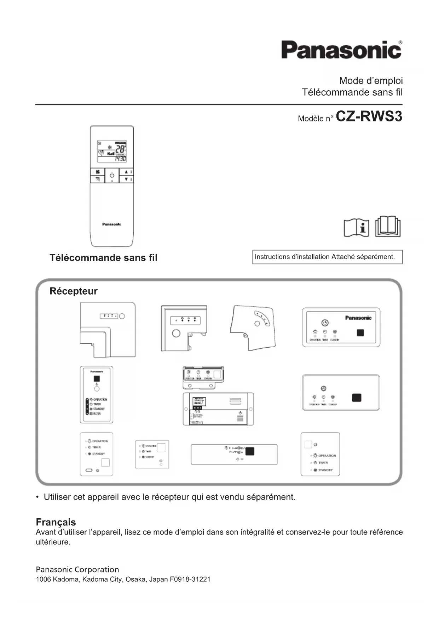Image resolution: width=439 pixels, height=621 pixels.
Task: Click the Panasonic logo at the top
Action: click(x=341, y=50)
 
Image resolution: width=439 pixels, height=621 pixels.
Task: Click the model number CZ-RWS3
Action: click(x=369, y=116)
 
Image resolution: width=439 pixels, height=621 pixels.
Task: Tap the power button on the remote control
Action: click(x=112, y=175)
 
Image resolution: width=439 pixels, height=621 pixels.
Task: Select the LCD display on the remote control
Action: click(x=112, y=151)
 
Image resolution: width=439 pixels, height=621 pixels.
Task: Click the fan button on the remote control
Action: click(x=98, y=172)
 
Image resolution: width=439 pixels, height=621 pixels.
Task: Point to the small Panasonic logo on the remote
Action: click(x=111, y=224)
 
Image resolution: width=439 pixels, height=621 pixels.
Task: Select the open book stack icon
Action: click(x=388, y=227)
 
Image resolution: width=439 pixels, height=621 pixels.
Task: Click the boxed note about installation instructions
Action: click(x=327, y=257)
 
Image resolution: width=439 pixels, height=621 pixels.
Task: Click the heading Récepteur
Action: click(x=73, y=291)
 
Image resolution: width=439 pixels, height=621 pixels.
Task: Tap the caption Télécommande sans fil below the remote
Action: click(x=103, y=258)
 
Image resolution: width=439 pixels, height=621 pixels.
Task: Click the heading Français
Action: click(x=56, y=522)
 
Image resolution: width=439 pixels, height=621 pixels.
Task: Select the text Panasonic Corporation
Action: click(x=77, y=570)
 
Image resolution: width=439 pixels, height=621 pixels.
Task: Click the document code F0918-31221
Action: click(x=190, y=580)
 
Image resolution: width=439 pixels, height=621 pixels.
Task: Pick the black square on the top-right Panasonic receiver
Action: click(x=360, y=333)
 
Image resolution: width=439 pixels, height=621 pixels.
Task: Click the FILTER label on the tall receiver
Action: click(x=97, y=414)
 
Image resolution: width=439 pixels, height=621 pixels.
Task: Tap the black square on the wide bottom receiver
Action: click(x=250, y=451)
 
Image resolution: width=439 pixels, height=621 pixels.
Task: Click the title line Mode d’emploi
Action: click(x=371, y=81)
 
